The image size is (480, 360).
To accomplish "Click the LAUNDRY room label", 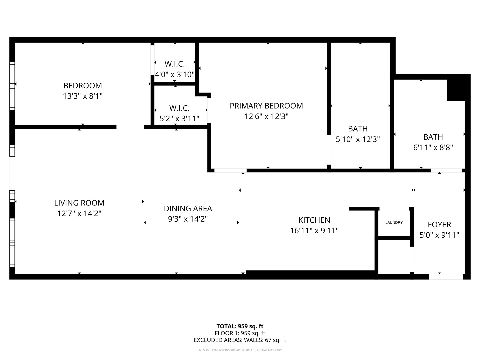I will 394,223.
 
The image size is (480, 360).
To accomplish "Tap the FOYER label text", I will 439,225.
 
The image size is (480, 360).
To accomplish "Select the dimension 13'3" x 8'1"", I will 83,96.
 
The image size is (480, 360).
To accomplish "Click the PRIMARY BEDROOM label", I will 266,106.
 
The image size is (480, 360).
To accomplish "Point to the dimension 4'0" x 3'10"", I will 175,74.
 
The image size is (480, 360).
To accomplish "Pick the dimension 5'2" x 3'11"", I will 179,118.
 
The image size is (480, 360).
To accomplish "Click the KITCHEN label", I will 314,220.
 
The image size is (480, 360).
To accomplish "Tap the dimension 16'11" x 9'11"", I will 314,231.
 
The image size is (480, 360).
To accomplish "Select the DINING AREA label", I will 188,209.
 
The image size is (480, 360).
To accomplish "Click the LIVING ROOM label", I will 79,203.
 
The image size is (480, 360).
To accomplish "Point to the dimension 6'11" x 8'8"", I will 433,147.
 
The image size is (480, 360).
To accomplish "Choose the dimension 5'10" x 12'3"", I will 358,139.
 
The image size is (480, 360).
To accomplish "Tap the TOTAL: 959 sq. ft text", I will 240,326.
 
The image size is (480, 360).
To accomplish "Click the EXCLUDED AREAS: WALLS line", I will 240,340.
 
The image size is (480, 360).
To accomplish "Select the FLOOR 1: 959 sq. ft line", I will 240,333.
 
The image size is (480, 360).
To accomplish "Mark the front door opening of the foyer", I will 446,277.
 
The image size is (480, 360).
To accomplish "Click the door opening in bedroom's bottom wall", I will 130,127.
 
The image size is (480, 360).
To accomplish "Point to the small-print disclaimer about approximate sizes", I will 240,350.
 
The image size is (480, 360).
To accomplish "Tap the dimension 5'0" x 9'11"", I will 439,235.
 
